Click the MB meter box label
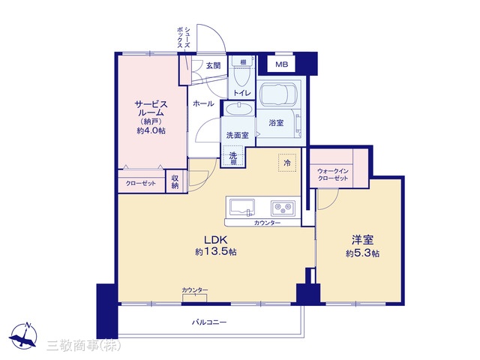(x=281, y=64)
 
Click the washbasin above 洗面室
(x=238, y=109)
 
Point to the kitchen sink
(x=242, y=207)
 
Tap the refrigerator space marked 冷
(x=287, y=163)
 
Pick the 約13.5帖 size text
(x=216, y=252)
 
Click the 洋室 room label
(x=362, y=240)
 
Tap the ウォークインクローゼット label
(x=333, y=175)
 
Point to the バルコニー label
(x=209, y=322)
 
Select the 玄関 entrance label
(x=213, y=65)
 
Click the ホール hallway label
(x=203, y=103)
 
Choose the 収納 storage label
(x=175, y=181)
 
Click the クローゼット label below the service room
(x=141, y=183)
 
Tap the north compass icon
(x=23, y=336)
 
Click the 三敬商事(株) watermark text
(x=84, y=345)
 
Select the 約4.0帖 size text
(x=151, y=130)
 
